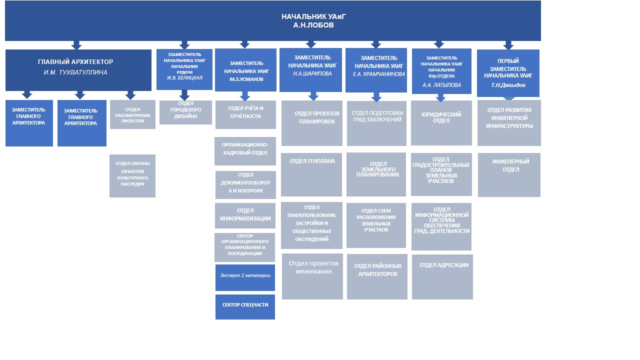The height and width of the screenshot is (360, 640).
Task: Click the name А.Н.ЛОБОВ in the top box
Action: point(313,25)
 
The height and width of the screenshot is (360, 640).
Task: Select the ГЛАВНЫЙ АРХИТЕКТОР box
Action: point(78,69)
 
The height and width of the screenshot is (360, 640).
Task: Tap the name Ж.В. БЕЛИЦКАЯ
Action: point(184,77)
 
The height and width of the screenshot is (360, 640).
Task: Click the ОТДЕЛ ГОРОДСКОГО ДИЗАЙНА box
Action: point(185,112)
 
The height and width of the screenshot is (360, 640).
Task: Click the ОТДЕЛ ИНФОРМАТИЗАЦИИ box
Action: point(245,214)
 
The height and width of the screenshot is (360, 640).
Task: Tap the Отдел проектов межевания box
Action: point(312,276)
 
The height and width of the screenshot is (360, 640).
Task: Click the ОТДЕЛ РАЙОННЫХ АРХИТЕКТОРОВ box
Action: point(377,276)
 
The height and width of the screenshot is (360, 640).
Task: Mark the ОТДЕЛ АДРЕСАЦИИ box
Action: point(442,276)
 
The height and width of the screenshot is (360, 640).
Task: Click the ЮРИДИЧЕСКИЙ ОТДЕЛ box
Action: point(441,122)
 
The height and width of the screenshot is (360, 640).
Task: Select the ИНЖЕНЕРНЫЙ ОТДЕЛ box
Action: point(509,174)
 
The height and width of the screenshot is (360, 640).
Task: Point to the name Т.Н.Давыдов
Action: point(508,85)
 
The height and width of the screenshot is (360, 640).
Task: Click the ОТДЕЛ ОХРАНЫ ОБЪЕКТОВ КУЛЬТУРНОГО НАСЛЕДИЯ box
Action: point(132,175)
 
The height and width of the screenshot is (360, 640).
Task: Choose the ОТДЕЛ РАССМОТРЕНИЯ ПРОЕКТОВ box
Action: point(132,114)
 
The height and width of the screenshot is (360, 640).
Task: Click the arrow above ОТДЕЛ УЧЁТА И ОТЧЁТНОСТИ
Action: point(244,96)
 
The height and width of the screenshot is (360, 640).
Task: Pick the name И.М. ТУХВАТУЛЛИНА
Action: point(75,72)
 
